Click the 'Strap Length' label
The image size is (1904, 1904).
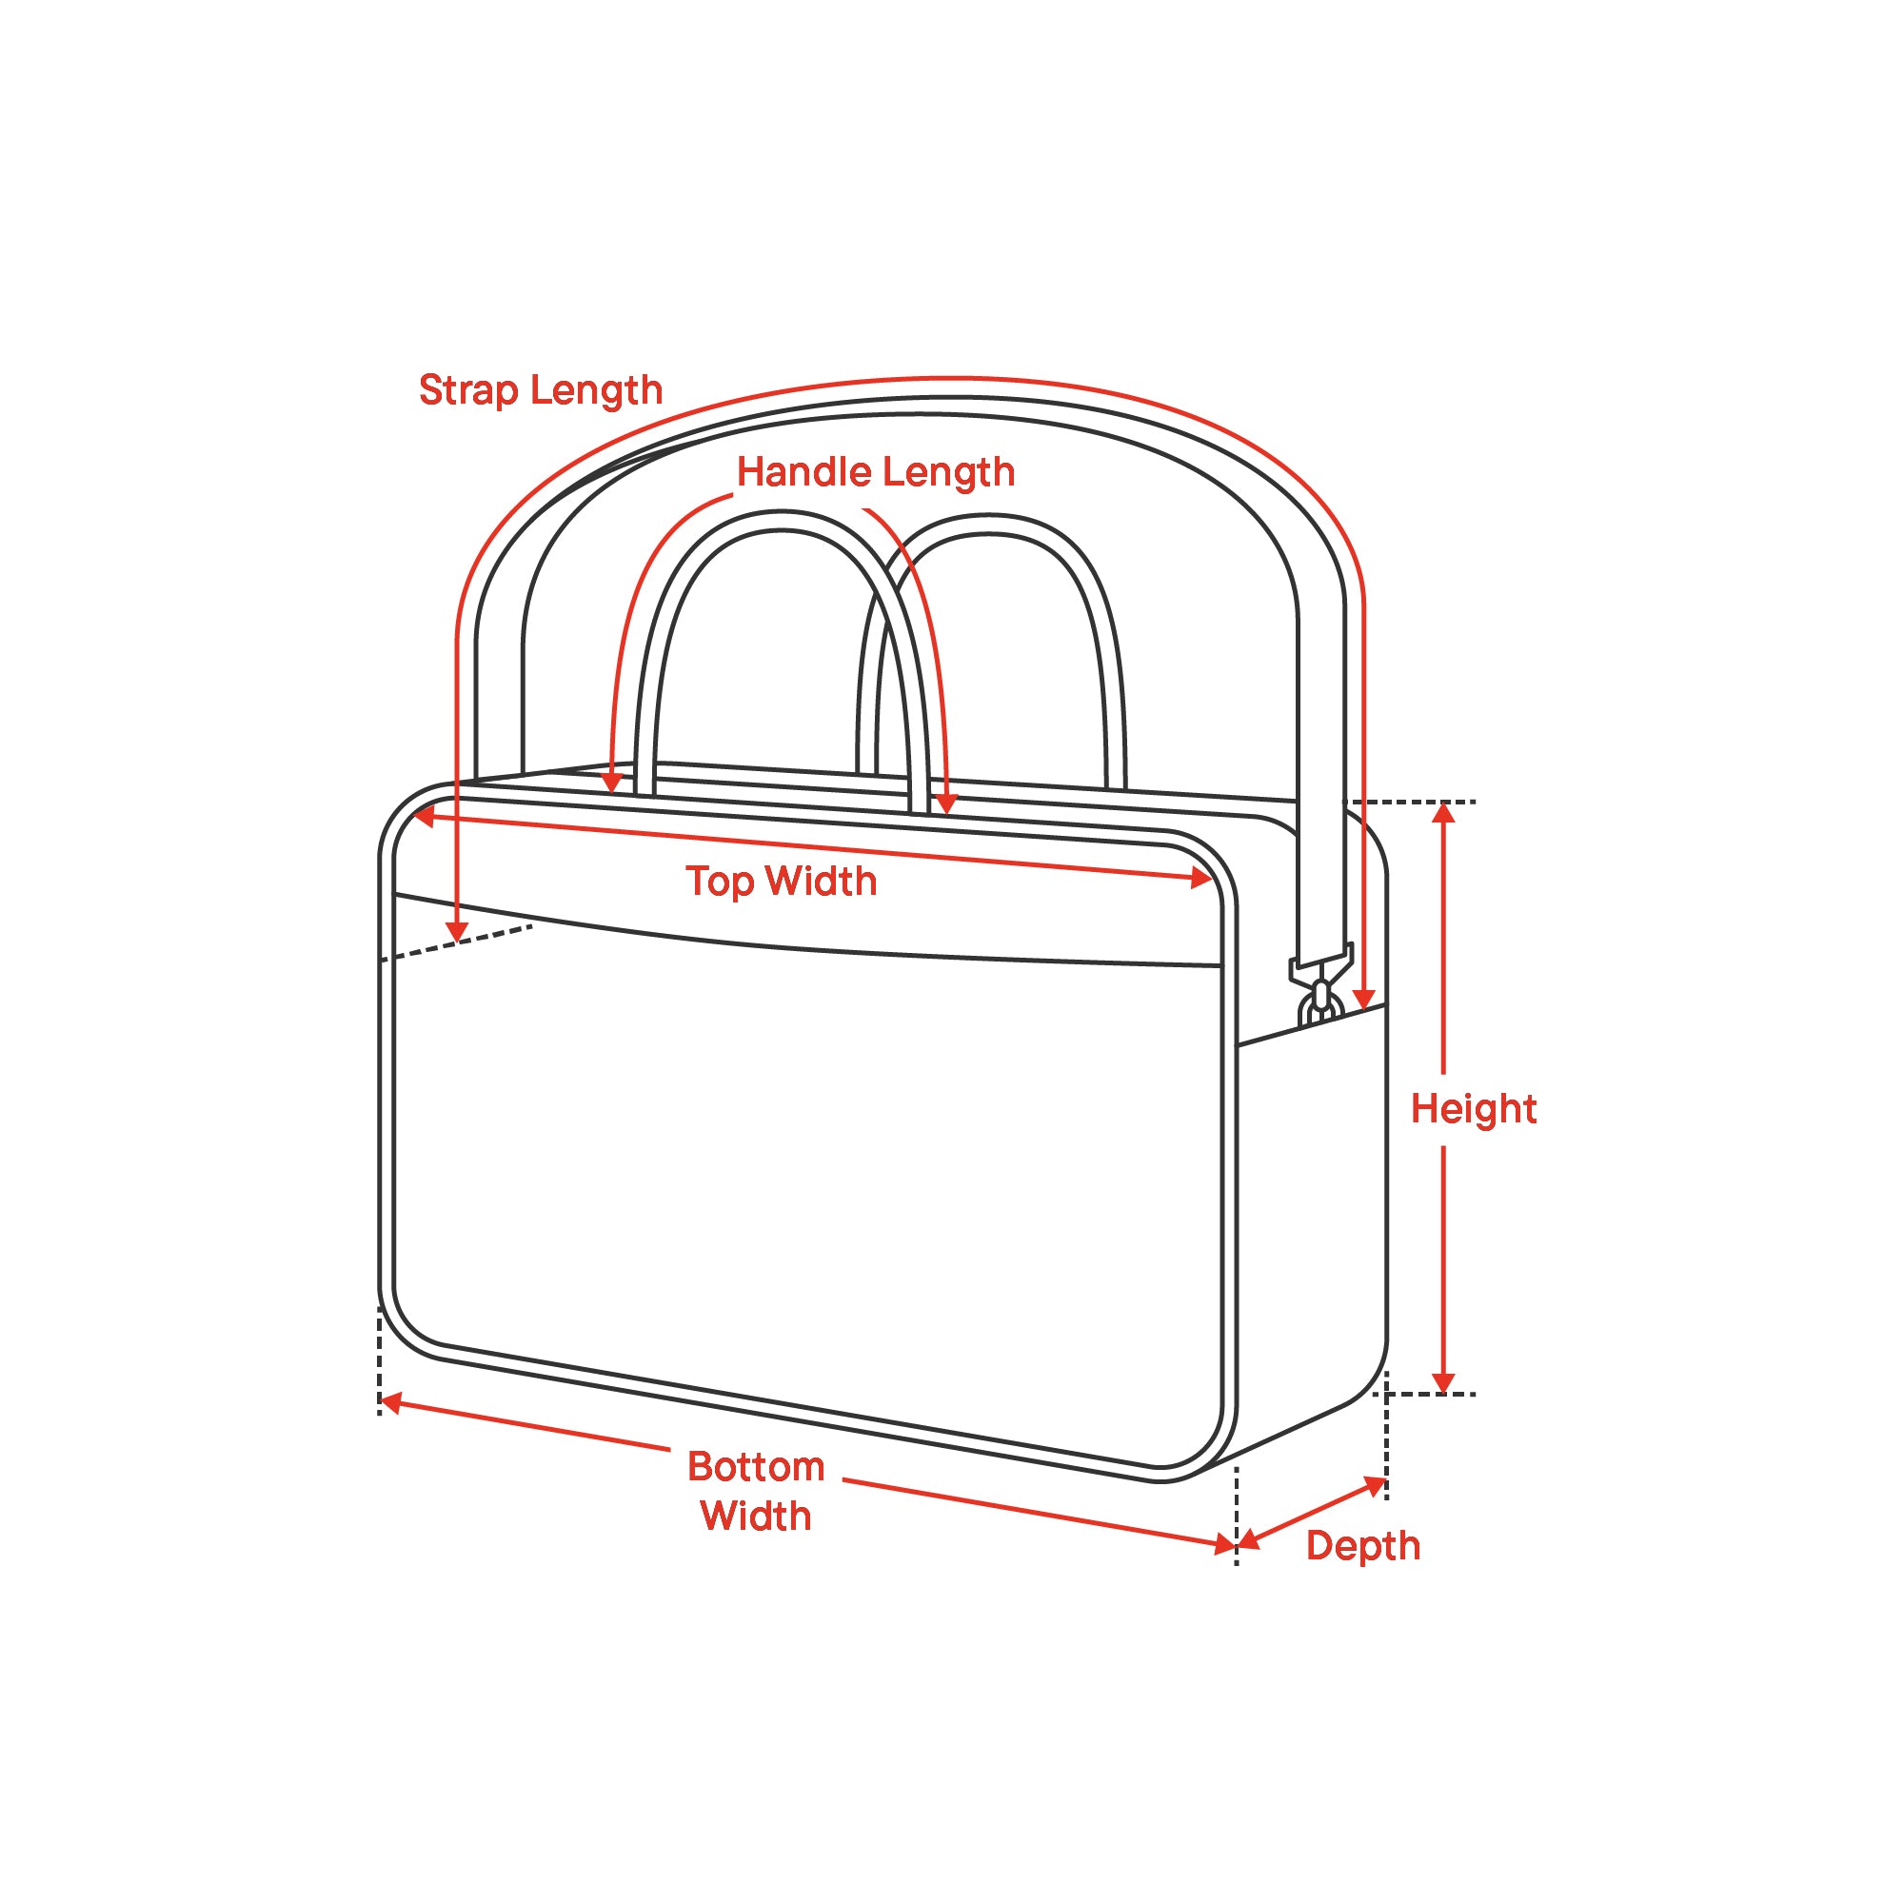click(x=540, y=390)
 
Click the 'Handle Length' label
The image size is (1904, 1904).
click(x=875, y=472)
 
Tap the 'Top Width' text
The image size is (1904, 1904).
click(x=781, y=881)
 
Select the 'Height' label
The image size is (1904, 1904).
click(x=1473, y=1109)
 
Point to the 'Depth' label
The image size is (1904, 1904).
click(x=1362, y=1545)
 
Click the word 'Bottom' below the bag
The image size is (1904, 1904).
click(x=756, y=1466)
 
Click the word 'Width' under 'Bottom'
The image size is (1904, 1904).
click(x=756, y=1516)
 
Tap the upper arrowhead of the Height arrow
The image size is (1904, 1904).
click(x=1444, y=813)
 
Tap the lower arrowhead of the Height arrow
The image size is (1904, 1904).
click(x=1444, y=1383)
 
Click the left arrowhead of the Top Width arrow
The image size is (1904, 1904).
click(x=424, y=816)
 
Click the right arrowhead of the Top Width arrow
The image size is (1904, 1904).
click(x=1202, y=878)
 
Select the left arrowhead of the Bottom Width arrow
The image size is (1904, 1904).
click(x=390, y=1402)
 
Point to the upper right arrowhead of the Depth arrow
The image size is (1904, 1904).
click(x=1375, y=1484)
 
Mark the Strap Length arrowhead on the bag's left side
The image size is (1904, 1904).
click(x=456, y=932)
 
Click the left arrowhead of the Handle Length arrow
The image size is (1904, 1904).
click(x=612, y=783)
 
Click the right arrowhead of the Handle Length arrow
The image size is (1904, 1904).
click(x=946, y=804)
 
